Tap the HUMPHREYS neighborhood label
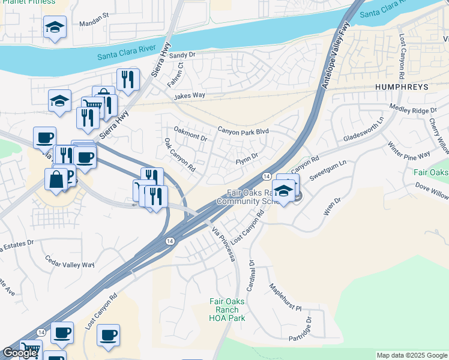pos(402,87)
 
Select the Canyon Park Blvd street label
pos(243,131)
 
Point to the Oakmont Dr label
pos(190,133)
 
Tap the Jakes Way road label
pos(190,95)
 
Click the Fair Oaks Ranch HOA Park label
pos(227,310)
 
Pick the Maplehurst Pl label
pos(285,297)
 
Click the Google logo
pos(19,353)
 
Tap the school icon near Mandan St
pos(55,27)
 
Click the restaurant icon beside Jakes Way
pos(128,79)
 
